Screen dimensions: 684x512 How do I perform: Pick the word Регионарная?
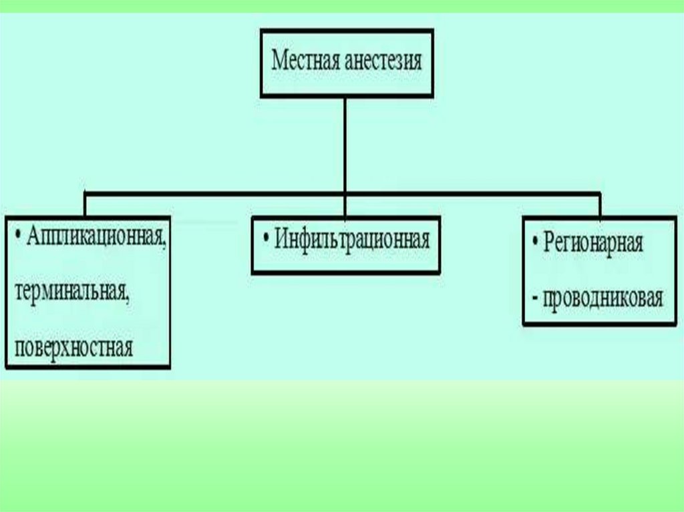tap(593, 243)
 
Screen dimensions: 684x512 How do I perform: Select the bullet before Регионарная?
tap(536, 242)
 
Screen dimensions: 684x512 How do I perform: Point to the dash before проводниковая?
tap(536, 297)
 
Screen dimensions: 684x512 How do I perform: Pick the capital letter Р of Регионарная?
tap(549, 242)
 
